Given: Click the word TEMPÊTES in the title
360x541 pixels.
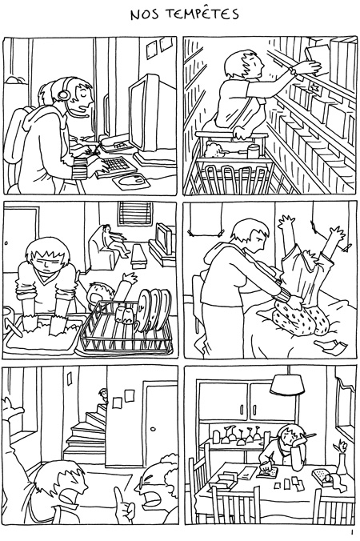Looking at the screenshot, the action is [203, 14].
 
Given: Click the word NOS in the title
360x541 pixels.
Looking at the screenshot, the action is [145, 15].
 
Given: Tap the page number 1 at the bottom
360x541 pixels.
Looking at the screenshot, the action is [352, 531].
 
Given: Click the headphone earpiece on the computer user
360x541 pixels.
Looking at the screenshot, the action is [62, 94].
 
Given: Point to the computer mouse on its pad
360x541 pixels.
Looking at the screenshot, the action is [138, 178].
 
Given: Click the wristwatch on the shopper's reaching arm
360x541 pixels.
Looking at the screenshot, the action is [294, 72].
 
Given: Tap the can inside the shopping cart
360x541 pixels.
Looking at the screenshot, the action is [254, 151].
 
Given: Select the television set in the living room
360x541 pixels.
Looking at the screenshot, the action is [164, 238].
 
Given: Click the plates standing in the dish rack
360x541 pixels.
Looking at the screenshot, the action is [154, 309].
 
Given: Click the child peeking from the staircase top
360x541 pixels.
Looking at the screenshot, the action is [102, 395].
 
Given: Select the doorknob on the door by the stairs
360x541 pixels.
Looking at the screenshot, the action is [154, 430].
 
